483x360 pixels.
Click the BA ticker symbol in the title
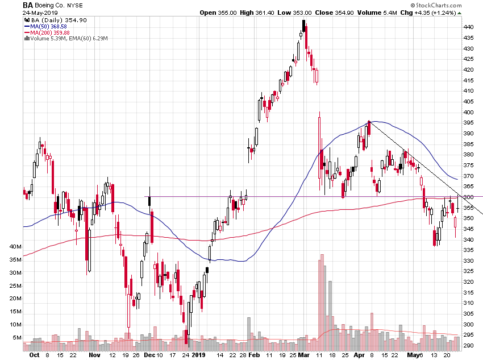pyautogui.click(x=27, y=5)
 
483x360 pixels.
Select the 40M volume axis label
pyautogui.click(x=15, y=247)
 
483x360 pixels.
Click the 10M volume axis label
pyautogui.click(x=15, y=325)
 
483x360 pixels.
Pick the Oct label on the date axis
pyautogui.click(x=34, y=355)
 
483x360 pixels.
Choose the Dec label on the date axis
pyautogui.click(x=149, y=355)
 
